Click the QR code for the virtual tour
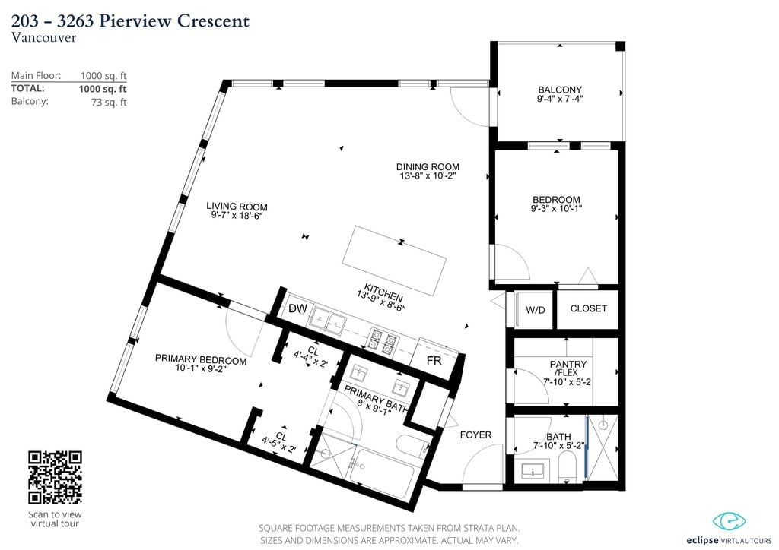point(55,477)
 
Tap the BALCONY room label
point(560,90)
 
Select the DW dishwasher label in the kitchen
point(297,308)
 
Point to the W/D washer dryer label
point(535,311)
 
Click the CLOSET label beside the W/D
point(589,308)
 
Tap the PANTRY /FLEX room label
point(568,368)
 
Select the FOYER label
point(475,435)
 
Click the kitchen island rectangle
point(394,261)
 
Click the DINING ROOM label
point(428,166)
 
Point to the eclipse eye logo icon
point(730,521)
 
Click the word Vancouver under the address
point(43,37)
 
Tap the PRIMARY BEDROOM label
point(201,359)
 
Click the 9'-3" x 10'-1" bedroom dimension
point(556,209)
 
